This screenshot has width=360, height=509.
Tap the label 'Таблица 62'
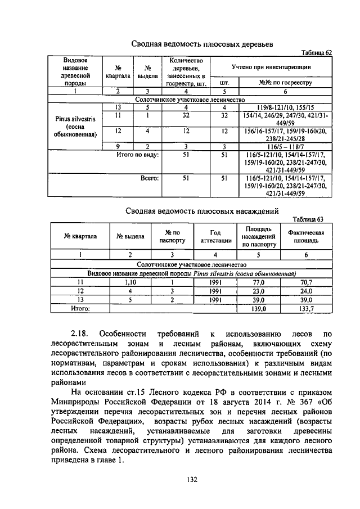point(317,52)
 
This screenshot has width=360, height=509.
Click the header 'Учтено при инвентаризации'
point(272,67)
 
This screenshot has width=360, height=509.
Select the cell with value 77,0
point(259,282)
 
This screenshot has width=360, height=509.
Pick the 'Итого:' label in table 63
point(80,309)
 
